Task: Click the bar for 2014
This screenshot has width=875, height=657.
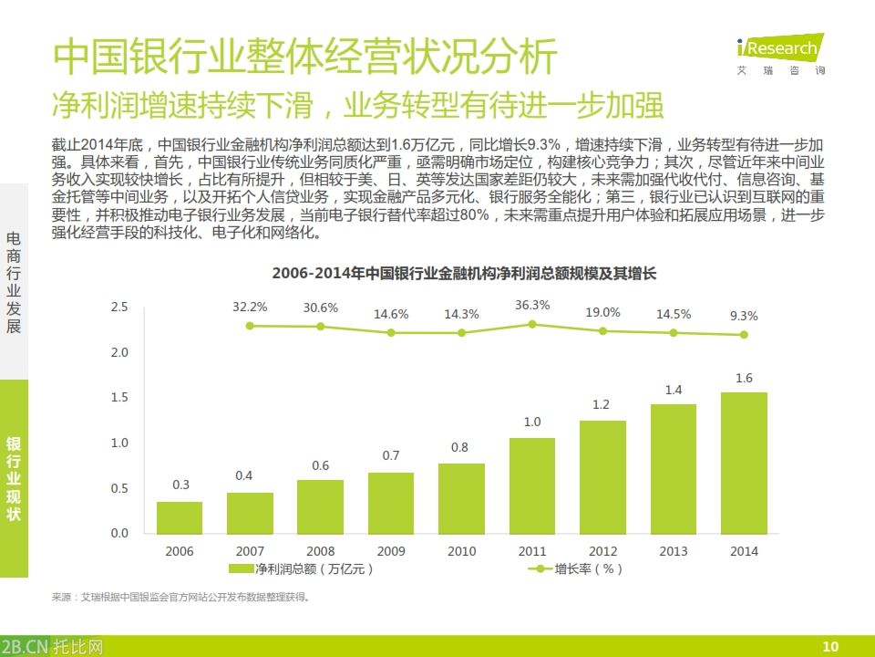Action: pyautogui.click(x=744, y=463)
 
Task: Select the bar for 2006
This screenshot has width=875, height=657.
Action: pyautogui.click(x=180, y=517)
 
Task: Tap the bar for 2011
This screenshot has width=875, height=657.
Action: pyautogui.click(x=532, y=485)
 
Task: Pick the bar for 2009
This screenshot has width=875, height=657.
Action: pyautogui.click(x=391, y=503)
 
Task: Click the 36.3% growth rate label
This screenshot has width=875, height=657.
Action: pyautogui.click(x=532, y=305)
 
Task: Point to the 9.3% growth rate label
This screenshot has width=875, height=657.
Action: pyautogui.click(x=744, y=316)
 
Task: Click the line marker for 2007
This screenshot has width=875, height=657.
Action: pyautogui.click(x=250, y=325)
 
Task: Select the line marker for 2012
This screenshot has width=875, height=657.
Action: pyautogui.click(x=602, y=331)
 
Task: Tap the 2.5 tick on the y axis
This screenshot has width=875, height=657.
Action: pyautogui.click(x=119, y=307)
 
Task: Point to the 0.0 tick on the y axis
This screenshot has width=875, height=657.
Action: pyautogui.click(x=119, y=533)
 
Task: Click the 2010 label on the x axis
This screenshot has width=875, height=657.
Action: pyautogui.click(x=461, y=551)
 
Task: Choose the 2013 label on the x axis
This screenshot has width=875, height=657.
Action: pyautogui.click(x=674, y=551)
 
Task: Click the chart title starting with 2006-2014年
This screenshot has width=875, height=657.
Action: pyautogui.click(x=464, y=273)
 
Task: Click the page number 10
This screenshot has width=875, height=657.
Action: pyautogui.click(x=829, y=646)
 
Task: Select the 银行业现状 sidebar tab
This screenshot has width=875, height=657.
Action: pyautogui.click(x=14, y=478)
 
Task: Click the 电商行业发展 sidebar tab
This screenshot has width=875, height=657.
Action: pyautogui.click(x=14, y=281)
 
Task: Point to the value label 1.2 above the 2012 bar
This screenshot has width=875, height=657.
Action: pyautogui.click(x=602, y=404)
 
